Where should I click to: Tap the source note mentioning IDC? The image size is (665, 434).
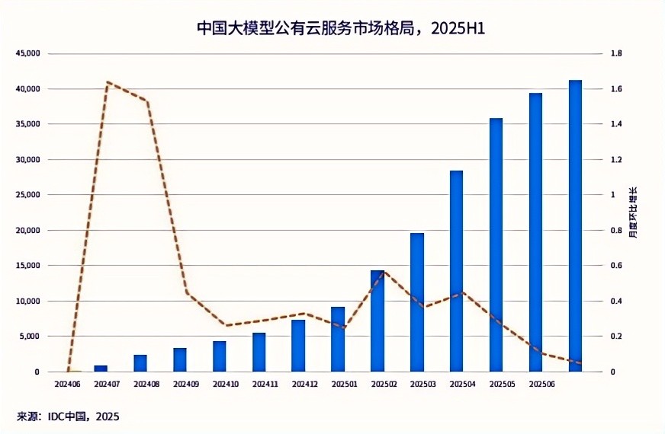[x=69, y=416]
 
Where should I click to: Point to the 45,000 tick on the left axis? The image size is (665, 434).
[x=29, y=54]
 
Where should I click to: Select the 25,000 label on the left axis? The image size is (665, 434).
[x=29, y=195]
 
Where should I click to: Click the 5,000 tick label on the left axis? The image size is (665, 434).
[x=31, y=337]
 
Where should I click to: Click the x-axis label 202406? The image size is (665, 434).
[x=69, y=384]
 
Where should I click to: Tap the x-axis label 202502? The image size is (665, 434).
[x=383, y=384]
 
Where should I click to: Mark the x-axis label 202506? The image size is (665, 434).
[x=541, y=384]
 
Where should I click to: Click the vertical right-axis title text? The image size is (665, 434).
[x=633, y=212]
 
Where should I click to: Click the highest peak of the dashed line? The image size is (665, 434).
[x=108, y=81]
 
